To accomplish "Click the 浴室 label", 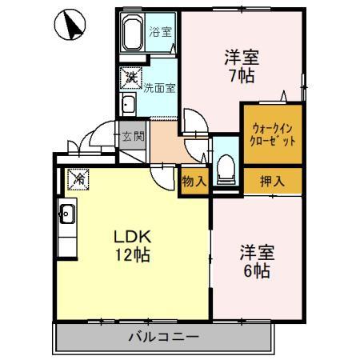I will click(x=160, y=32).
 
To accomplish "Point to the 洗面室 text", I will click(x=159, y=89).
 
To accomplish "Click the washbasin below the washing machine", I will click(x=128, y=105).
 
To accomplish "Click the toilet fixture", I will click(x=226, y=166).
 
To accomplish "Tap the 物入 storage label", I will click(x=194, y=182).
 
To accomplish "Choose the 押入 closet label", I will click(x=272, y=182).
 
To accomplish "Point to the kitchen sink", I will click(x=67, y=215).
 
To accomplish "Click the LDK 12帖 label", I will click(x=132, y=246).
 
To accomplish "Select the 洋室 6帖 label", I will click(x=258, y=262).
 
